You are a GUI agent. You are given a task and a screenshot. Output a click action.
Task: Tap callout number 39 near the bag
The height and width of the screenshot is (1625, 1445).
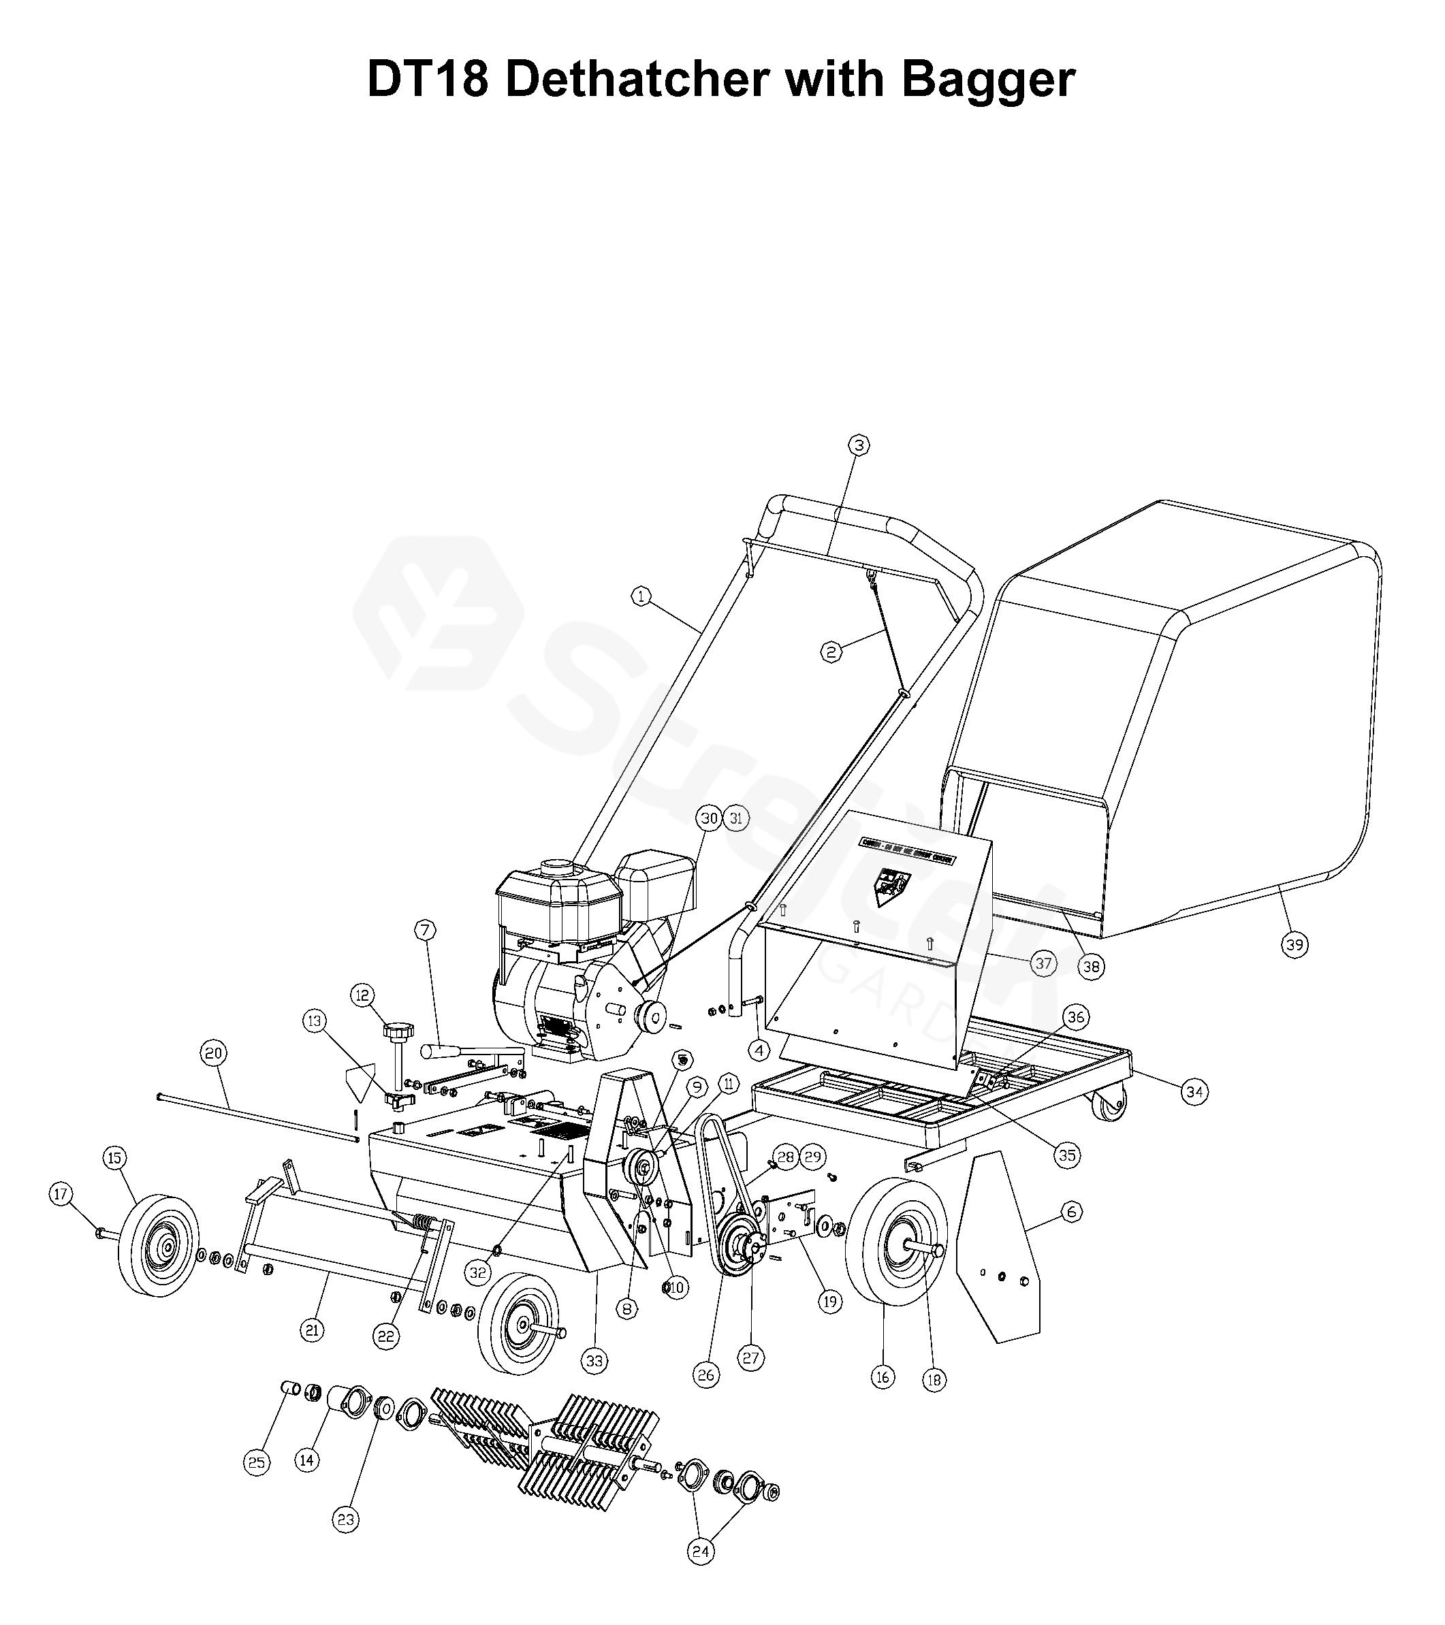pos(1295,944)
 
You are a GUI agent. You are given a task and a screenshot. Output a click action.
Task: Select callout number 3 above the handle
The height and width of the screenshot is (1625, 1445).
pos(858,445)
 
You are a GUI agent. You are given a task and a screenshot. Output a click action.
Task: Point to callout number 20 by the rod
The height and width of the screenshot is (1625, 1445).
pos(213,1053)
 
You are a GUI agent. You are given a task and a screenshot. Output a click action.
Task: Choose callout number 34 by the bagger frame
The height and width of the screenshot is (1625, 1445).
pos(1194,1093)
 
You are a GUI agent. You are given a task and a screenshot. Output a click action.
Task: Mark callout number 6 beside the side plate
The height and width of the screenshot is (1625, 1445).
pos(1071,1212)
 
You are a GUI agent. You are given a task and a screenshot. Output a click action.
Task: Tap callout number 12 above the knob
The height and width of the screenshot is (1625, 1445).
pos(363,995)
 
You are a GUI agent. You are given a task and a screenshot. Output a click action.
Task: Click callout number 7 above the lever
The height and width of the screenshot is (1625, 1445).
pos(425,929)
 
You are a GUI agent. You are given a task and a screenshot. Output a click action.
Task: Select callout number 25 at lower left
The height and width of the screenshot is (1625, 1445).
pos(257,1485)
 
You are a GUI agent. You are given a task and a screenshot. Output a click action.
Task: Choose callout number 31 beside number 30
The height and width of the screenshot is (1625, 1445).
pos(736,818)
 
